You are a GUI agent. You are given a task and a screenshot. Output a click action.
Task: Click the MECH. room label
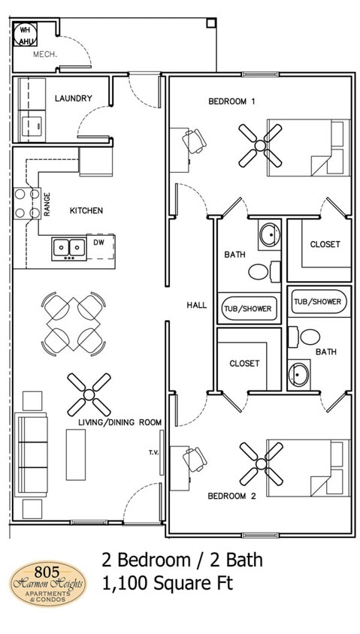[46, 55]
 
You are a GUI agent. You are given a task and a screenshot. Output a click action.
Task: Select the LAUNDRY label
[74, 98]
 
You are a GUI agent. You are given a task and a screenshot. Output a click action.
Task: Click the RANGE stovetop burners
[26, 202]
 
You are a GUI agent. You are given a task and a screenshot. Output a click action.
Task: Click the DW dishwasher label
[98, 243]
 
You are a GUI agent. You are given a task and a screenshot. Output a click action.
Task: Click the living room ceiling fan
[89, 395]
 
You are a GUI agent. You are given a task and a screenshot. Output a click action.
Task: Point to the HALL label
[197, 305]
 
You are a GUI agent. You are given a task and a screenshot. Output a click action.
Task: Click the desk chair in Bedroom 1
[195, 140]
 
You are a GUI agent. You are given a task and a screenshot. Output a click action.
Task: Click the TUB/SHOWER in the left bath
[247, 307]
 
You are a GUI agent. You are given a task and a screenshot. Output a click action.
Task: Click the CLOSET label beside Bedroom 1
[325, 244]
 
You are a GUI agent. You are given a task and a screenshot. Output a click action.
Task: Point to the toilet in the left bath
[260, 271]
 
